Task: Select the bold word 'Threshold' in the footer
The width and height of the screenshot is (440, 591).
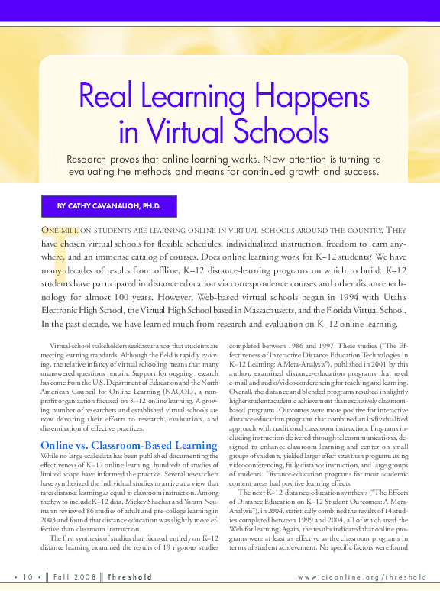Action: tap(130, 576)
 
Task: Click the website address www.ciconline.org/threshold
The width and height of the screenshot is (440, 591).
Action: tap(363, 576)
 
